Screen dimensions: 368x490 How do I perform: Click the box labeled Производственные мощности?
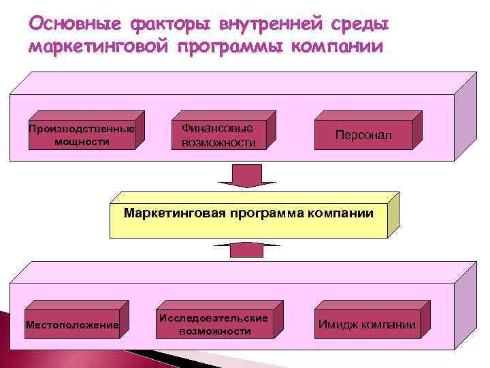pos(81,135)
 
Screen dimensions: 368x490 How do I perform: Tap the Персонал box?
pos(363,135)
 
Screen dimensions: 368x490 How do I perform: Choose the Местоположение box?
pos(72,325)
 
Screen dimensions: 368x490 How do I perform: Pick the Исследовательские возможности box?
pos(214,324)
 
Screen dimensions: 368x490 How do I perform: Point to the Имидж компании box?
pos(367,324)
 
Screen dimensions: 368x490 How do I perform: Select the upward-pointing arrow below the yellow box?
pos(246,248)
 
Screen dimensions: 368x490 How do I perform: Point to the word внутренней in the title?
pos(270,25)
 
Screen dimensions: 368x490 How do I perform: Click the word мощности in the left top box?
pos(81,142)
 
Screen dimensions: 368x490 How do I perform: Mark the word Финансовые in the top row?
pos(216,128)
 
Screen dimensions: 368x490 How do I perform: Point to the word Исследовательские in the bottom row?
pos(214,318)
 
